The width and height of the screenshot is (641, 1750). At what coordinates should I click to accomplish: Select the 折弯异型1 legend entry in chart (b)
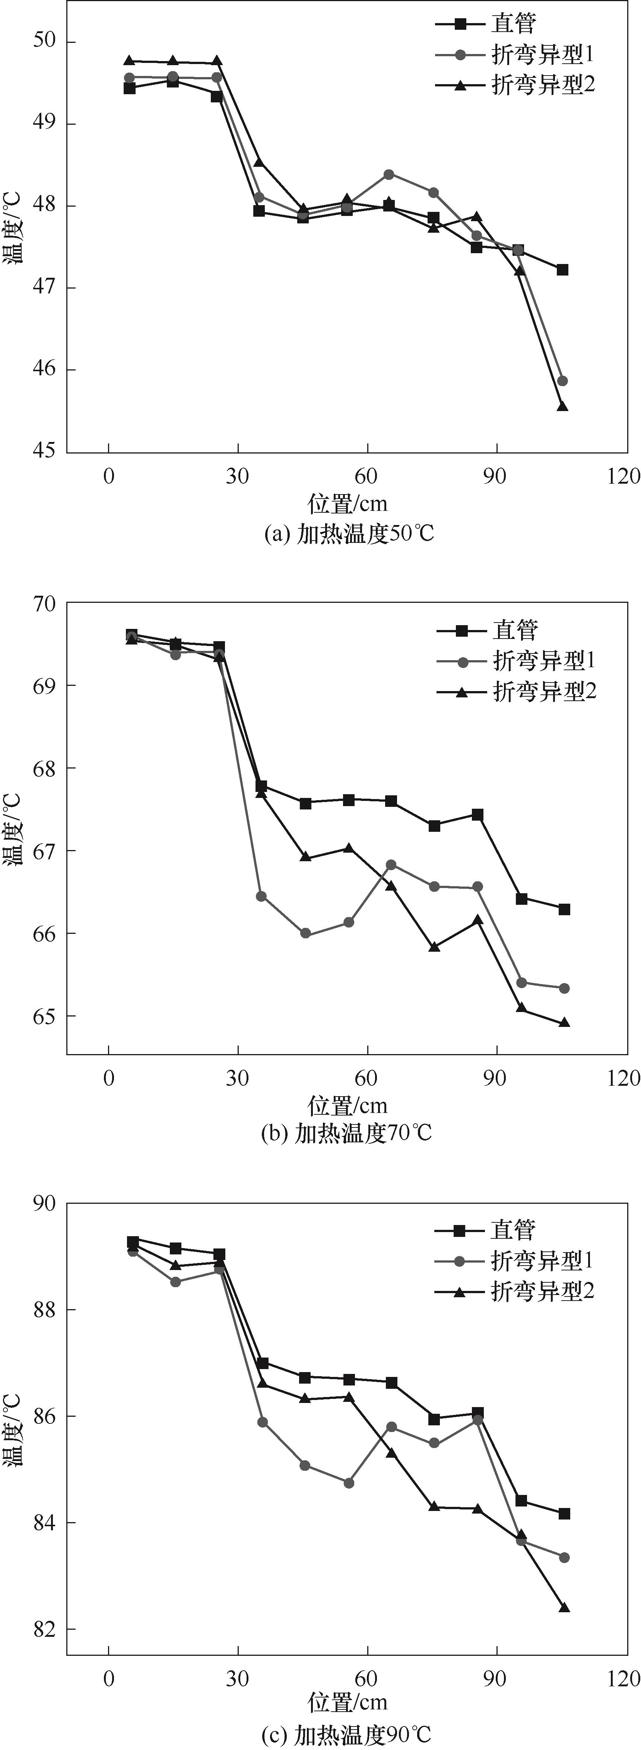[x=544, y=660]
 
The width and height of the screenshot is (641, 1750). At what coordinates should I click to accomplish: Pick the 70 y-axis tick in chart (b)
[x=45, y=603]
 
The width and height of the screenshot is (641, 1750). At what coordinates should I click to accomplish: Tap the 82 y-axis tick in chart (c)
[x=45, y=1629]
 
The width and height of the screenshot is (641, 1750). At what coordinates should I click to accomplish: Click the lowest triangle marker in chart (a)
[x=562, y=406]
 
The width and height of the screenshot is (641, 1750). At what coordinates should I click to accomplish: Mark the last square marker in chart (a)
[x=562, y=270]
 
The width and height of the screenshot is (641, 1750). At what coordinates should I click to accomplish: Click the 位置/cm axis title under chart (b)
[x=348, y=1105]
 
